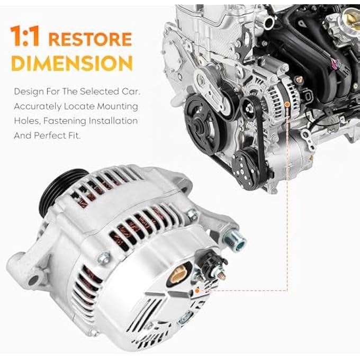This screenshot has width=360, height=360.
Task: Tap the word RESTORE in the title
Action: pos(90,39)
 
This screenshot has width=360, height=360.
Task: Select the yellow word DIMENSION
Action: pos(71,63)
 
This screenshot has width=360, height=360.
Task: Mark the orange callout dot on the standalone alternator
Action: pos(197,291)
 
